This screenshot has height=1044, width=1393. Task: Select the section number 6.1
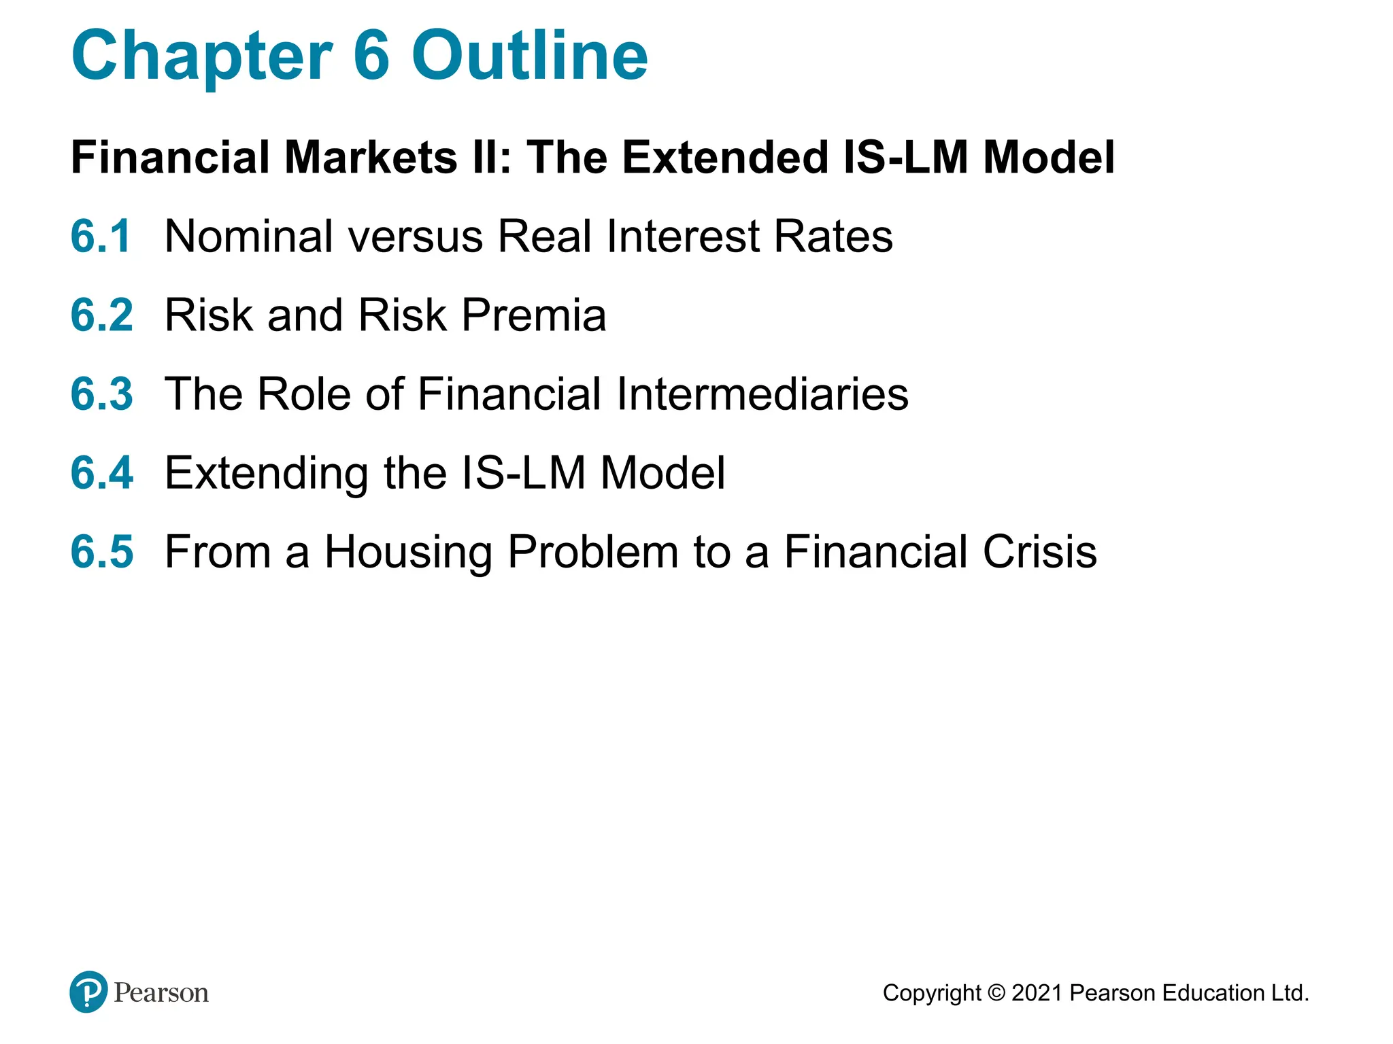point(101,237)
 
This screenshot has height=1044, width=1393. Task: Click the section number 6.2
point(102,315)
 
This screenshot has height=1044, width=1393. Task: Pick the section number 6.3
point(102,394)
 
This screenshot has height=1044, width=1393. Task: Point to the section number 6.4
point(102,473)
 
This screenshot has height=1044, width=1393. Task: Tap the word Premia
point(533,315)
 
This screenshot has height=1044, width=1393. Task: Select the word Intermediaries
point(762,394)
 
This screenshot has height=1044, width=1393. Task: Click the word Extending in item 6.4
point(266,474)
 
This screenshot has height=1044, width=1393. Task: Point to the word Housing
point(408,553)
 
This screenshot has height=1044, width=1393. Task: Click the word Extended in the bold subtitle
point(725,158)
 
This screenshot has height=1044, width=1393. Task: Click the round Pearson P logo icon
point(88,992)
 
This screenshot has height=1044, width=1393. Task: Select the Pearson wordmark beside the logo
point(161,993)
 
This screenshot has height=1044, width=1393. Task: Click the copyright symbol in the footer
point(996,993)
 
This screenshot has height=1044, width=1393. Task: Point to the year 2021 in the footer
point(1037,993)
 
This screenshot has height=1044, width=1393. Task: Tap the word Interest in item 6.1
point(682,237)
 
